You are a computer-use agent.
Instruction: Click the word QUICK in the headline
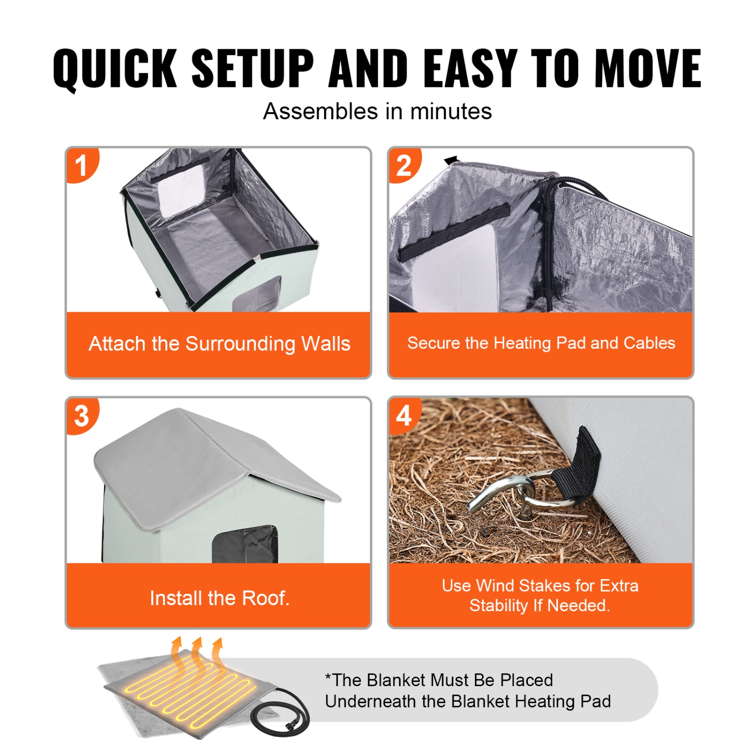(115, 69)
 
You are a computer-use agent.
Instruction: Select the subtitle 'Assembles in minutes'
(377, 112)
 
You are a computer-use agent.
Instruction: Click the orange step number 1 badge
(81, 166)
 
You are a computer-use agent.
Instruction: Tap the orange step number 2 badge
(404, 166)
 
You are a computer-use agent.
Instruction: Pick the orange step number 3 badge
(81, 416)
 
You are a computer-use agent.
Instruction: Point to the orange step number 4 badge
(404, 416)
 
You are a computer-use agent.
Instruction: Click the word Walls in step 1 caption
(325, 344)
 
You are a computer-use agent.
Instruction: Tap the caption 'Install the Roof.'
(220, 598)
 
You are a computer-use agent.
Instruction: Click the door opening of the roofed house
(245, 545)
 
